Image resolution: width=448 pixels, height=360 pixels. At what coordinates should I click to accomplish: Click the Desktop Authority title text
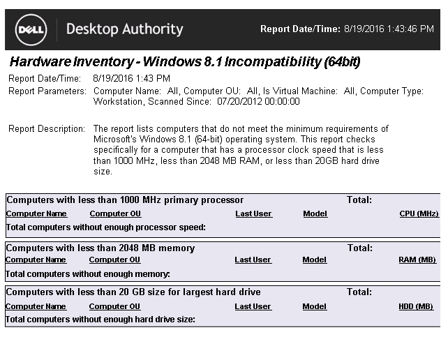click(x=124, y=29)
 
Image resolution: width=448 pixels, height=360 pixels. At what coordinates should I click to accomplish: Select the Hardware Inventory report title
click(x=185, y=62)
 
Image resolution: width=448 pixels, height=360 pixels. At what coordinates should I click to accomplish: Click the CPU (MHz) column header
click(x=419, y=213)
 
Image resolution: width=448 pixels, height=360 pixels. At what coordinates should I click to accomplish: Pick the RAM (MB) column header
click(x=417, y=260)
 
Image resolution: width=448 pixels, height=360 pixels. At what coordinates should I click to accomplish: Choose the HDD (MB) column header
click(x=416, y=306)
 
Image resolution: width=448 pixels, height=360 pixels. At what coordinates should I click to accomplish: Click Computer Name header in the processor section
click(x=36, y=213)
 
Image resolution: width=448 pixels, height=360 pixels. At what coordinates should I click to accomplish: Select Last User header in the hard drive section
click(x=253, y=306)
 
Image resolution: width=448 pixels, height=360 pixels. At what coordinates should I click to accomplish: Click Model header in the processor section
click(x=315, y=213)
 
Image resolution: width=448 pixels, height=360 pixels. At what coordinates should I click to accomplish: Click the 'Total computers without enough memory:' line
click(x=88, y=274)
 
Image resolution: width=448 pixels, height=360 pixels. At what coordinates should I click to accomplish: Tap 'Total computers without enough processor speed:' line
click(x=105, y=227)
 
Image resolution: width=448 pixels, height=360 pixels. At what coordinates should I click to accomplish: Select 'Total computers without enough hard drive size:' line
click(x=100, y=320)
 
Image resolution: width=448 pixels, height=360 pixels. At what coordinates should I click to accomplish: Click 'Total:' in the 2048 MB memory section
click(x=359, y=248)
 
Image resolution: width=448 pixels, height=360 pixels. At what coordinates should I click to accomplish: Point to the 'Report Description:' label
click(x=47, y=129)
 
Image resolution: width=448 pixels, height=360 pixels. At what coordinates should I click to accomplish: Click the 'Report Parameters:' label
click(x=47, y=91)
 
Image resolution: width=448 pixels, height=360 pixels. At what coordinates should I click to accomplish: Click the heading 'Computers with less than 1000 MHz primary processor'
click(x=125, y=200)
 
